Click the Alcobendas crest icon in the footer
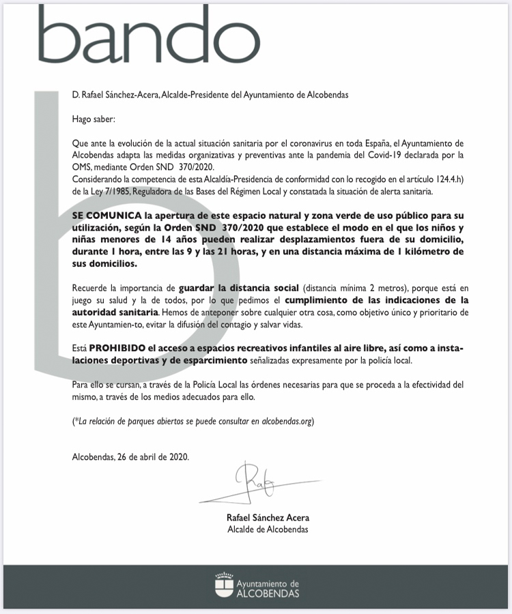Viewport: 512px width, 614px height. (x=223, y=587)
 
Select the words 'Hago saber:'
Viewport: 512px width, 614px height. (x=94, y=119)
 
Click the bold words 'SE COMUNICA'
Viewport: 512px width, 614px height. (x=102, y=214)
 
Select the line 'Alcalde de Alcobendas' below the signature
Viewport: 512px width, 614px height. (x=268, y=529)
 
